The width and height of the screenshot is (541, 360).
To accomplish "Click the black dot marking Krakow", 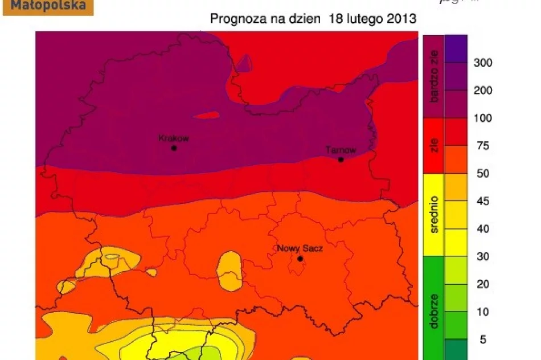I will [174, 148].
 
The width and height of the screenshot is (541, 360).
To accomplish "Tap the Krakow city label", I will [173, 138].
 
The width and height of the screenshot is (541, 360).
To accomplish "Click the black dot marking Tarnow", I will [341, 159].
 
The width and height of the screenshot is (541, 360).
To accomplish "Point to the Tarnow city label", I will [341, 150].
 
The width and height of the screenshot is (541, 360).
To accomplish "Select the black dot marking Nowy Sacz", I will [300, 259].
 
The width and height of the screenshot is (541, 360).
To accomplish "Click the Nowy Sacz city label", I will [300, 249].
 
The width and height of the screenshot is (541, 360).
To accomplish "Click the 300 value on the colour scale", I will [483, 63].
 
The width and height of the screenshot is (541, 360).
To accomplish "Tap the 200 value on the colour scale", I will [483, 91].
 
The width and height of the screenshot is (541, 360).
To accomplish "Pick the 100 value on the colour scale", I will [483, 118].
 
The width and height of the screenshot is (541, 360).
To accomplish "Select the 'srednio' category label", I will [435, 215].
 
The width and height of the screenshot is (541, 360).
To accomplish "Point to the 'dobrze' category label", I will [435, 311].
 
